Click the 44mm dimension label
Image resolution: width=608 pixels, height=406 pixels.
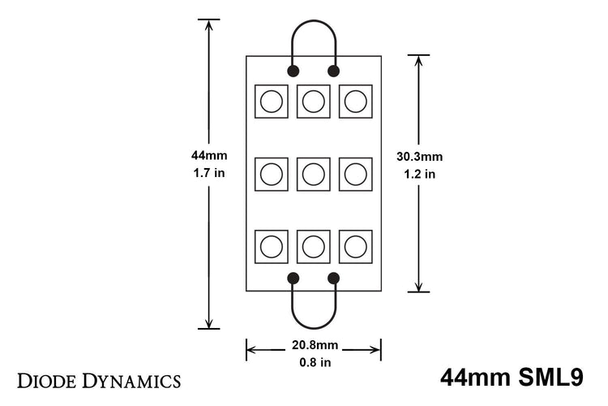pos(209,155)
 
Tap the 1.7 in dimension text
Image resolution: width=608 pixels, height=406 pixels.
pos(209,173)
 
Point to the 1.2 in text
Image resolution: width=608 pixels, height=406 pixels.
pos(418,174)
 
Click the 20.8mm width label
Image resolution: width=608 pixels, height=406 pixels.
pos(313,344)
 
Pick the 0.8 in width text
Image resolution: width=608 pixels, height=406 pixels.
pos(313,361)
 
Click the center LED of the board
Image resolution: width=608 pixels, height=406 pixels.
pos(313,174)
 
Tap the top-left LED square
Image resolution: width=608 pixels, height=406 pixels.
pos(272,101)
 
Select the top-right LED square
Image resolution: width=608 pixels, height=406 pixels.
pos(355,101)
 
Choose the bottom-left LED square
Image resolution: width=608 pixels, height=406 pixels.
pos(272,246)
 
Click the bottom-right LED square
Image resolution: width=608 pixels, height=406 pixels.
pos(355,246)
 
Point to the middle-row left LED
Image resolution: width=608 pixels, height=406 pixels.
pos(272,174)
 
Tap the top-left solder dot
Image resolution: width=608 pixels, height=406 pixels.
pos(293,70)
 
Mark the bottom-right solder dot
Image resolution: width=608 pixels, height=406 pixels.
pos(333,279)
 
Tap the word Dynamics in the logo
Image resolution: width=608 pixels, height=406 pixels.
pos(131,380)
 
